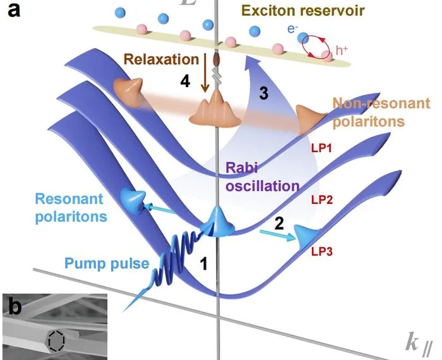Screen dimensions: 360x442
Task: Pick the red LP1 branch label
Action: point(322,147)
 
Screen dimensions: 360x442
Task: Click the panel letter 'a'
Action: point(12,11)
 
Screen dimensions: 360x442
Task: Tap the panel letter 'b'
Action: point(15,307)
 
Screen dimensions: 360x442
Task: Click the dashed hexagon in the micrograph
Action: point(55,342)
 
